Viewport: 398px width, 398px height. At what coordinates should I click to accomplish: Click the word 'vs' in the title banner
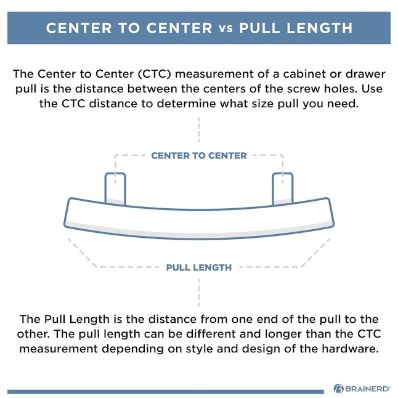point(225,28)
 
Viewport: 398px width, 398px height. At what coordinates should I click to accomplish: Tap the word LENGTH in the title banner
point(320,28)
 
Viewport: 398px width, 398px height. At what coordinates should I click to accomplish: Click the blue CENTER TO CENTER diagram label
point(199,156)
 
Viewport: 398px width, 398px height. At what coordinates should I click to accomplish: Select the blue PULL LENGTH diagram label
point(199,267)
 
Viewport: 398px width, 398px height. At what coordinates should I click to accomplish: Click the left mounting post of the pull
point(115,189)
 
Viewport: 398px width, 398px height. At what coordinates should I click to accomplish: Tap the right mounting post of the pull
point(283,189)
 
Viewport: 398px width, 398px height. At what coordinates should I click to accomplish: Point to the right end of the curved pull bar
point(331,212)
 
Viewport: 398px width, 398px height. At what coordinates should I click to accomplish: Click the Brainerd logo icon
point(338,389)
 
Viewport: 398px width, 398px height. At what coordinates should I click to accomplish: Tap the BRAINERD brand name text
point(368,389)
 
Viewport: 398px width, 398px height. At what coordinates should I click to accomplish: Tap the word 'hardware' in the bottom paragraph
point(351,349)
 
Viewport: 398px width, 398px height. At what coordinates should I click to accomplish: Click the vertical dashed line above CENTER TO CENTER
point(199,130)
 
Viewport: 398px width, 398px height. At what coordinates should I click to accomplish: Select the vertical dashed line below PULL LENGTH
point(199,293)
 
